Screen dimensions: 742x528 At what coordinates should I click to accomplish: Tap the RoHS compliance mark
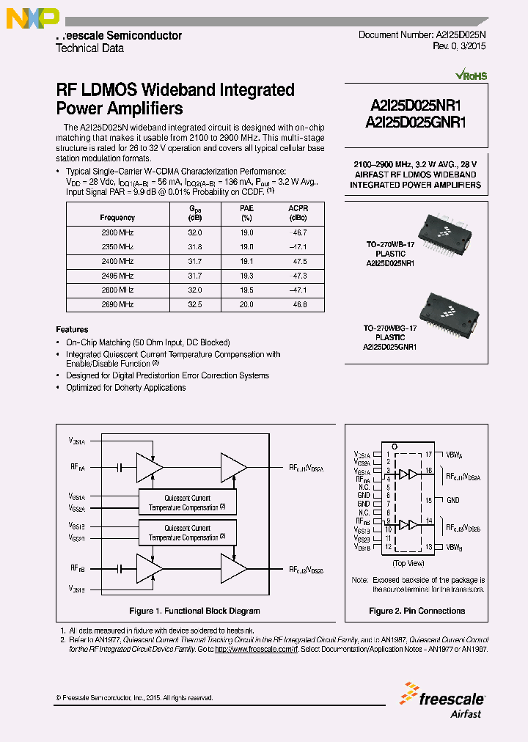[470, 76]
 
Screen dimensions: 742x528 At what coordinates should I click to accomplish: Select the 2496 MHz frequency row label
[117, 276]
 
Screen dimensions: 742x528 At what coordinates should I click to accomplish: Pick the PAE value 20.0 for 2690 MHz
[247, 304]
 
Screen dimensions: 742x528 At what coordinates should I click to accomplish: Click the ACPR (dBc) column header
[298, 213]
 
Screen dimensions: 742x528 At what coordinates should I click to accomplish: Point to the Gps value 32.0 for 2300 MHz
[195, 232]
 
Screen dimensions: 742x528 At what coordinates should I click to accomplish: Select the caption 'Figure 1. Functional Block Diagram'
[194, 611]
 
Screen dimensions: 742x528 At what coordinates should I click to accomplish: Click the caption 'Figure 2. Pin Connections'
[417, 611]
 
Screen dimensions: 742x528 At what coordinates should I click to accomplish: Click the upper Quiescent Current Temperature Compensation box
[187, 502]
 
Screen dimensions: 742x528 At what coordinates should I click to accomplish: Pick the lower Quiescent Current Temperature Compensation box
[187, 533]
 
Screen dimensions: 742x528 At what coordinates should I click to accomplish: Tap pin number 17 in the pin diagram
[429, 455]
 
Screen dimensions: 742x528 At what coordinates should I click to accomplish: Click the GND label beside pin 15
[453, 500]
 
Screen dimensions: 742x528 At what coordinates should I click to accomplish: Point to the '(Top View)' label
[408, 563]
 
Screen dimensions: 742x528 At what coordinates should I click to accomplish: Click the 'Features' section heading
[73, 330]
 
